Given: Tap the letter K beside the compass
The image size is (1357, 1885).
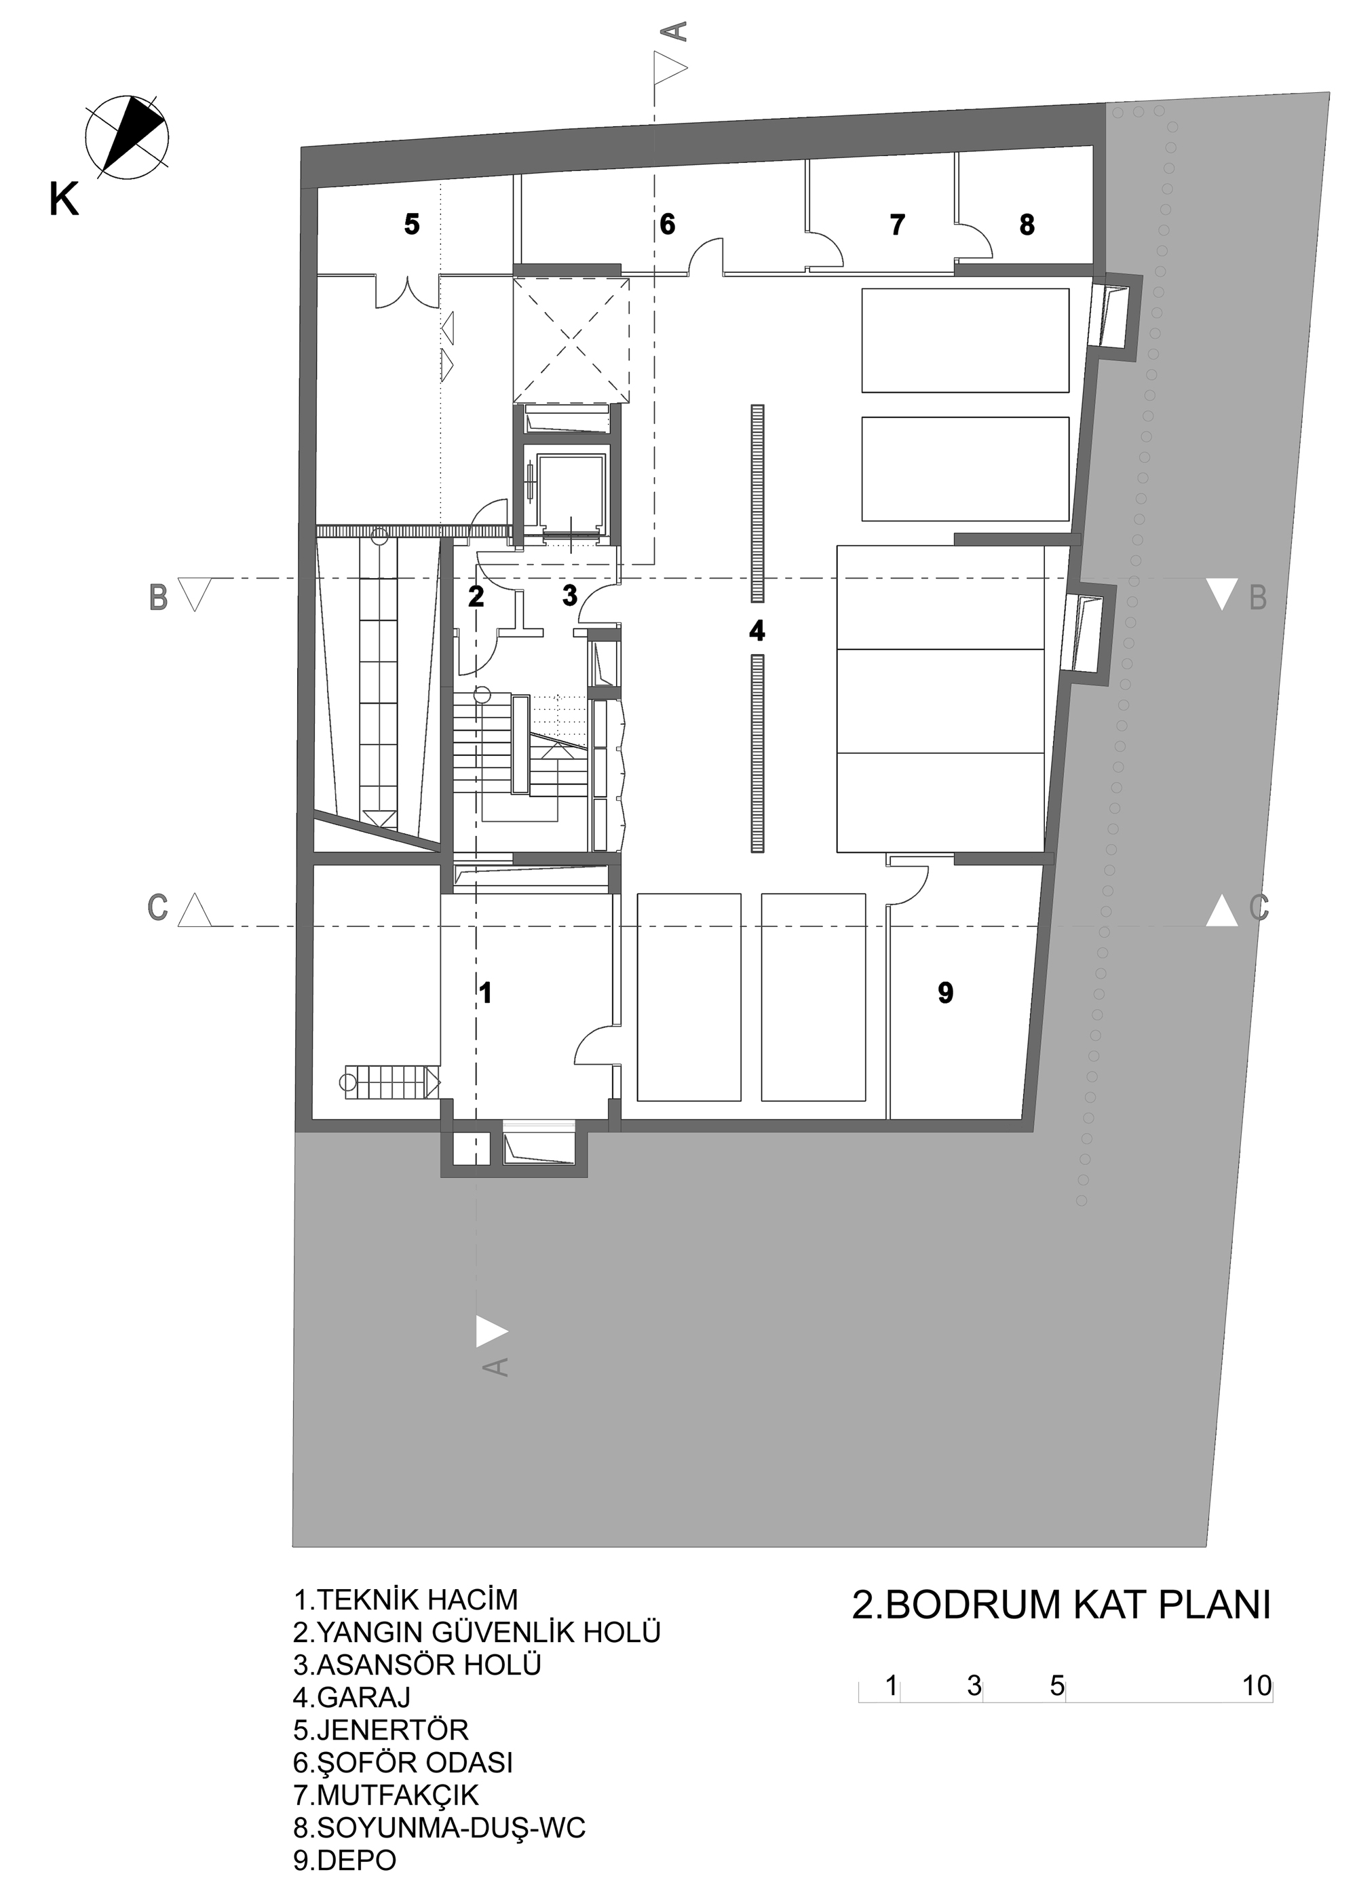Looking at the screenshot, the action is click(64, 199).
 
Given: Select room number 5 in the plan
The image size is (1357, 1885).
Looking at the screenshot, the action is click(411, 225).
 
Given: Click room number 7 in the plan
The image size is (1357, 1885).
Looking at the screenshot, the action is click(896, 225).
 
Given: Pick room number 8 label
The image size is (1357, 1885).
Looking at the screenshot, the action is click(1027, 225).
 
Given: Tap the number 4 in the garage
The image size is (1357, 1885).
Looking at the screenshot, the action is click(757, 632).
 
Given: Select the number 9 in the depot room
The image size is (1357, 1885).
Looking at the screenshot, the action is click(945, 992).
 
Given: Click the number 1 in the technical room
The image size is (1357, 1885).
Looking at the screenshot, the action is click(486, 992).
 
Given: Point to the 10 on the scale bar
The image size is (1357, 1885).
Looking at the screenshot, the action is click(1257, 1686).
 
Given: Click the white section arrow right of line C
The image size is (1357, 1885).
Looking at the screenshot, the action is click(1223, 910).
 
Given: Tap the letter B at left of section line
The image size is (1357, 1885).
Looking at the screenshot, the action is click(158, 598).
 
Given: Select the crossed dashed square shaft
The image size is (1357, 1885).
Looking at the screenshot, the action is click(570, 341).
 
